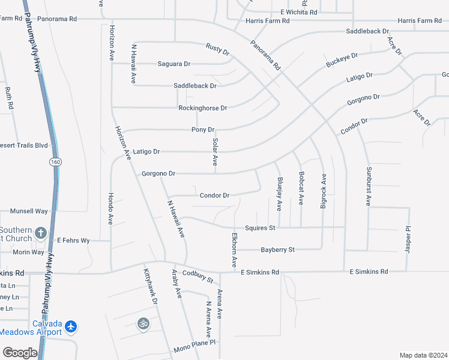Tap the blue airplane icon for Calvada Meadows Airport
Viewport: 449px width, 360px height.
click(72, 326)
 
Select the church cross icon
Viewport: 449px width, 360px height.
click(40, 233)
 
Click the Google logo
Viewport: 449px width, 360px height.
click(20, 353)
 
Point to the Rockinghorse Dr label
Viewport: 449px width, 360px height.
click(203, 108)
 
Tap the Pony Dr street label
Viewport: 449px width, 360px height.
click(203, 130)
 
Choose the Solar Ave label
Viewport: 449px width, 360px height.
click(214, 152)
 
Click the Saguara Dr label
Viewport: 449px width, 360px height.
click(173, 64)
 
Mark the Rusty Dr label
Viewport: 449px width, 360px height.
click(217, 49)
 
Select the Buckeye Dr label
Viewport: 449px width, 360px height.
click(342, 60)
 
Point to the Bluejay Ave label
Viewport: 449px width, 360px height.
click(280, 194)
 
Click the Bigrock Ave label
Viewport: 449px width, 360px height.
click(324, 191)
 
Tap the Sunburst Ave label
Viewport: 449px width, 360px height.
click(369, 187)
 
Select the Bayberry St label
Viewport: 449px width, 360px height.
click(277, 249)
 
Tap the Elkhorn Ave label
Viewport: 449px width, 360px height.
click(234, 250)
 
